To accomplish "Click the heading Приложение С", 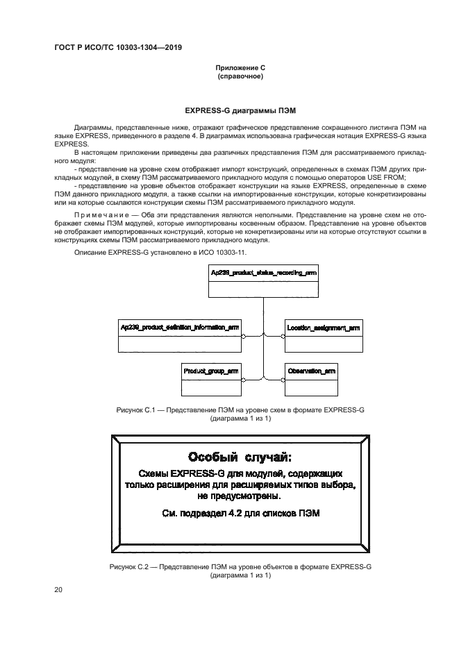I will pos(240,68).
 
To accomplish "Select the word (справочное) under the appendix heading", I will pos(240,76).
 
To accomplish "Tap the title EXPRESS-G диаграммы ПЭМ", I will pos(240,110).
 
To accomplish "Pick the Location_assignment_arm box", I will pos(324,335).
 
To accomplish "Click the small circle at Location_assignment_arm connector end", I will pos(283,336).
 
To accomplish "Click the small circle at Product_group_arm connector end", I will pos(243,379).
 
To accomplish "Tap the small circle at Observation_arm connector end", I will pos(283,379).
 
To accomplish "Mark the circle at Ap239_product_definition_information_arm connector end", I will pos(243,336).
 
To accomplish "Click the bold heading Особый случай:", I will pos(240,457).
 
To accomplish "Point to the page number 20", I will pos(58,589).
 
